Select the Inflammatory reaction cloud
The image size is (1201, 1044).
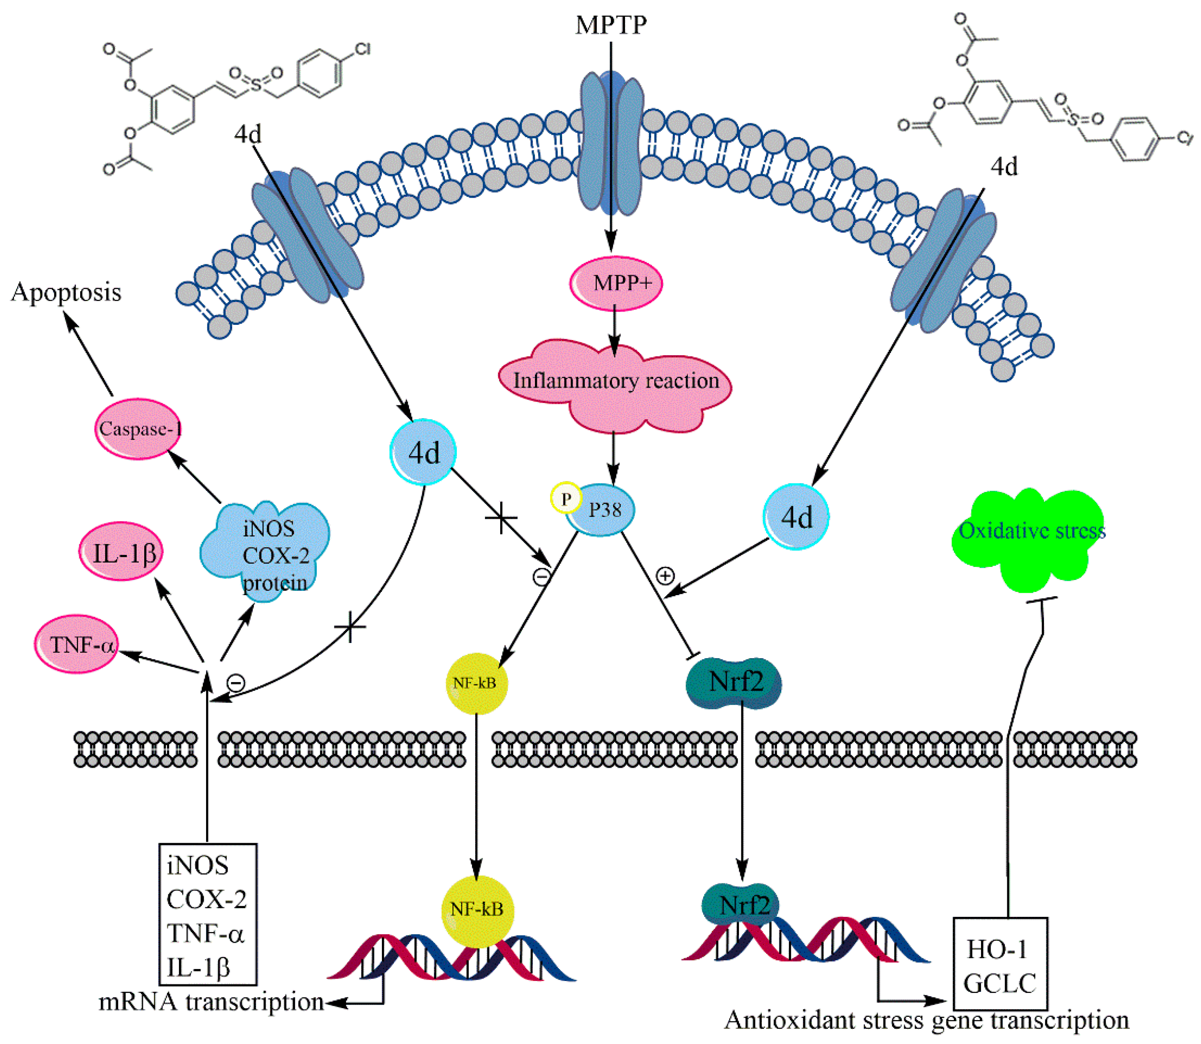coord(615,381)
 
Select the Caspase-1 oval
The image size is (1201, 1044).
coord(138,429)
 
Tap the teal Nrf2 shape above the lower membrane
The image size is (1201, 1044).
coord(735,682)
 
